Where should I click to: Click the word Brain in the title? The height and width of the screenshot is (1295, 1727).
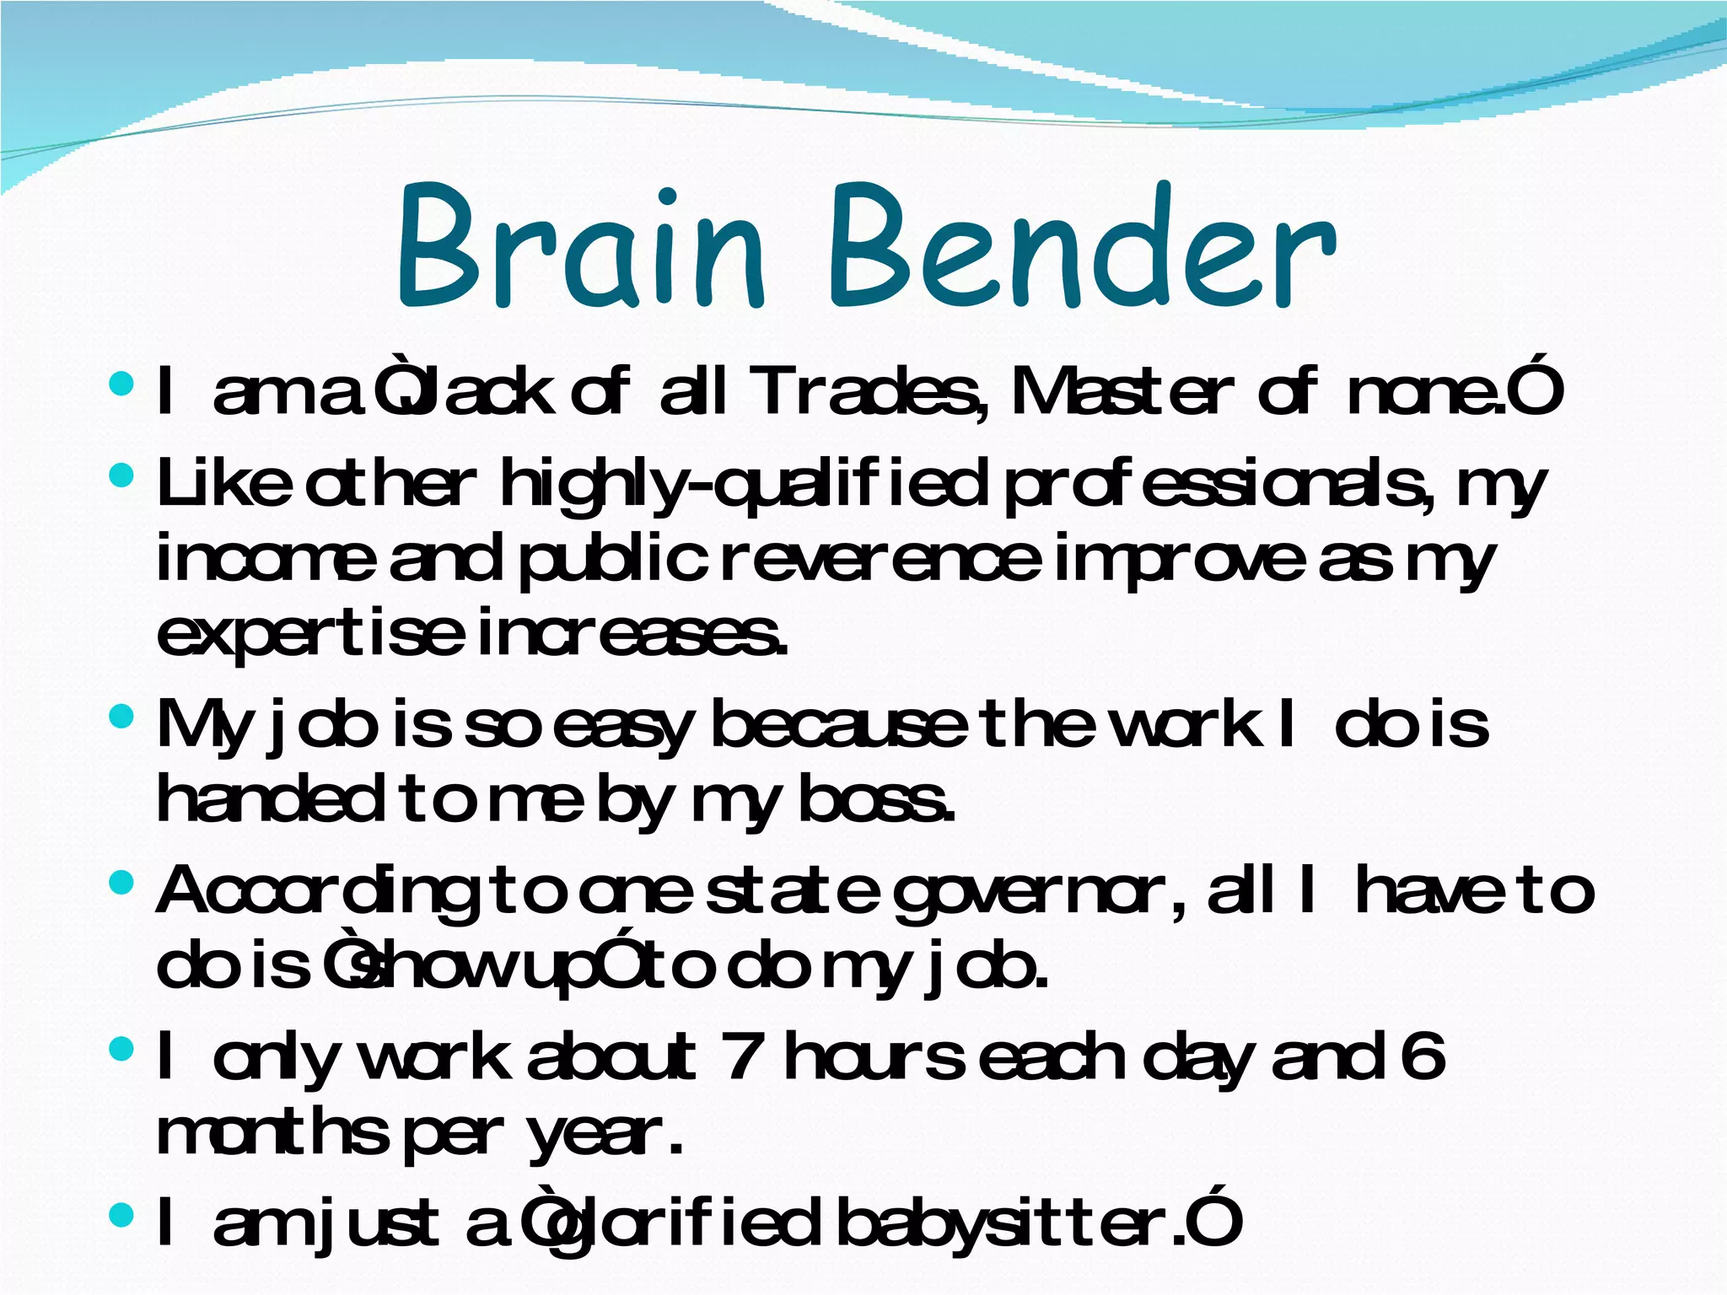[x=581, y=249]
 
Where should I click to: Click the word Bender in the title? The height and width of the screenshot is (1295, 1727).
[x=1082, y=249]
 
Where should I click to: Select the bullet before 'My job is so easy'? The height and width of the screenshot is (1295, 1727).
[x=121, y=718]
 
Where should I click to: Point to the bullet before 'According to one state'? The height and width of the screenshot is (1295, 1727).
[x=121, y=884]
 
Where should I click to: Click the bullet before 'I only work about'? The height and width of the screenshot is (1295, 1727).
[x=121, y=1049]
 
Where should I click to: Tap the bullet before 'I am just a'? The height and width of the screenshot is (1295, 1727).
[x=121, y=1215]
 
